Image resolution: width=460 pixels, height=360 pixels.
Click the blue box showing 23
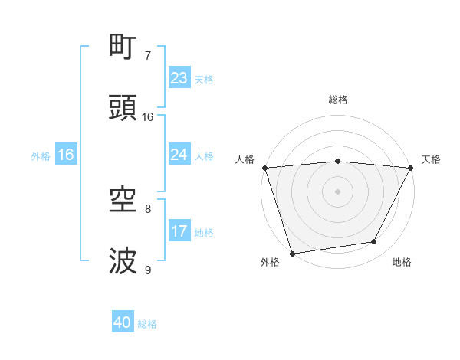click(x=179, y=78)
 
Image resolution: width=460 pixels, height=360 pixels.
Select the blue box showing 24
click(x=179, y=155)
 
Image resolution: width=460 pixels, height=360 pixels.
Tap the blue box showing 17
click(x=179, y=231)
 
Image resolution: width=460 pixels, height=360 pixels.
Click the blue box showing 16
click(x=66, y=155)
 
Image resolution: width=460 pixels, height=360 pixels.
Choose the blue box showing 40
click(x=123, y=322)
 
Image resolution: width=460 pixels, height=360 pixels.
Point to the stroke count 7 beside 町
click(x=147, y=56)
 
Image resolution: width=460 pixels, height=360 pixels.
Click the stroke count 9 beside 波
click(x=147, y=270)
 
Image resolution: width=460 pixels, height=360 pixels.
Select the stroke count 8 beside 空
click(x=147, y=208)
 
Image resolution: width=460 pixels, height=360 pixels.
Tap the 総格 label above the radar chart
click(x=338, y=100)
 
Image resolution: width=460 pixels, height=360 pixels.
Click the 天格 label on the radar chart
click(x=432, y=159)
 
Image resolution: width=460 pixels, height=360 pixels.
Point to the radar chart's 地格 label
click(x=402, y=262)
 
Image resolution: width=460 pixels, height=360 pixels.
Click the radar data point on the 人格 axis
click(x=264, y=168)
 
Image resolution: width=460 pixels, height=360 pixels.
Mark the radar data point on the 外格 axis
click(x=292, y=253)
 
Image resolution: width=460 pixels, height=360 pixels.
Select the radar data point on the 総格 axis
click(x=338, y=161)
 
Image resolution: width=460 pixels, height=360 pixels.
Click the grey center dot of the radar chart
click(x=338, y=191)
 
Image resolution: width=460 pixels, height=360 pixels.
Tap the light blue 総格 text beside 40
click(x=147, y=324)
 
